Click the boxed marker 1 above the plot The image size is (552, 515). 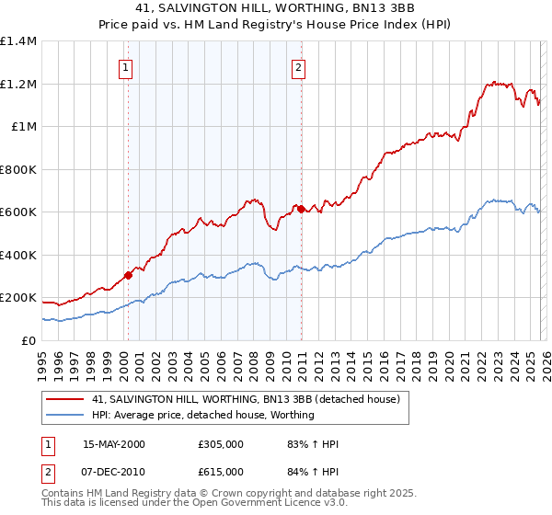click(x=124, y=66)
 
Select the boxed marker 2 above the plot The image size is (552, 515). click(x=299, y=66)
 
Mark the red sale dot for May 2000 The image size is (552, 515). click(x=129, y=274)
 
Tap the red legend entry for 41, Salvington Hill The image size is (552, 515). click(x=245, y=400)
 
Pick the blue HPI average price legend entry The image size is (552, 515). click(x=202, y=416)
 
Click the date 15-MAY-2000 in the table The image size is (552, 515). click(x=114, y=445)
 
